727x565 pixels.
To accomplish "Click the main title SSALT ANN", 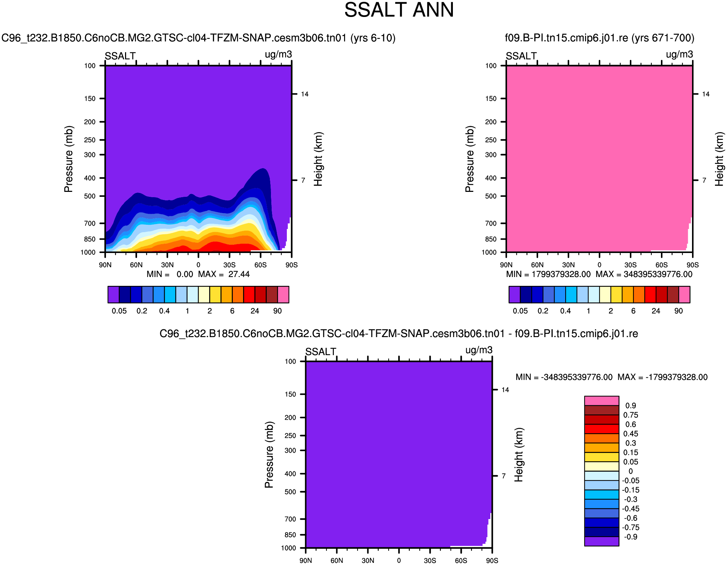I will [x=399, y=10].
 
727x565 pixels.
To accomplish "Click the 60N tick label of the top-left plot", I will [x=136, y=265].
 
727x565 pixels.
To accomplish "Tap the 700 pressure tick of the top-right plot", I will [x=491, y=223].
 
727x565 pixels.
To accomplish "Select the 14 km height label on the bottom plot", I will [x=506, y=390].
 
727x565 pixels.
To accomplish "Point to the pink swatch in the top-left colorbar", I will [x=283, y=295].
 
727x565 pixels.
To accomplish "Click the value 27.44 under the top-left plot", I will [x=239, y=275].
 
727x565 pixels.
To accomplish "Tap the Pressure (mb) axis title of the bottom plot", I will [x=269, y=454].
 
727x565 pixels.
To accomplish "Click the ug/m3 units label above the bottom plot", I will [x=479, y=350].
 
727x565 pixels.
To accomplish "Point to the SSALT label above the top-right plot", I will [x=521, y=56].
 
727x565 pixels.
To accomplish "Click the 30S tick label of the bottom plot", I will [x=430, y=561].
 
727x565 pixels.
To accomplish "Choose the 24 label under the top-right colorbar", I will [x=656, y=311].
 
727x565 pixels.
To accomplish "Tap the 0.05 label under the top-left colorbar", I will [x=119, y=311].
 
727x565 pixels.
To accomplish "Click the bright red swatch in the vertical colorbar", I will [x=602, y=429].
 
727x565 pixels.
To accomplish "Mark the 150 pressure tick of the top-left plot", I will [x=90, y=99].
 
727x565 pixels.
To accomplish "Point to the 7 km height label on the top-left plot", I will [x=303, y=180].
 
